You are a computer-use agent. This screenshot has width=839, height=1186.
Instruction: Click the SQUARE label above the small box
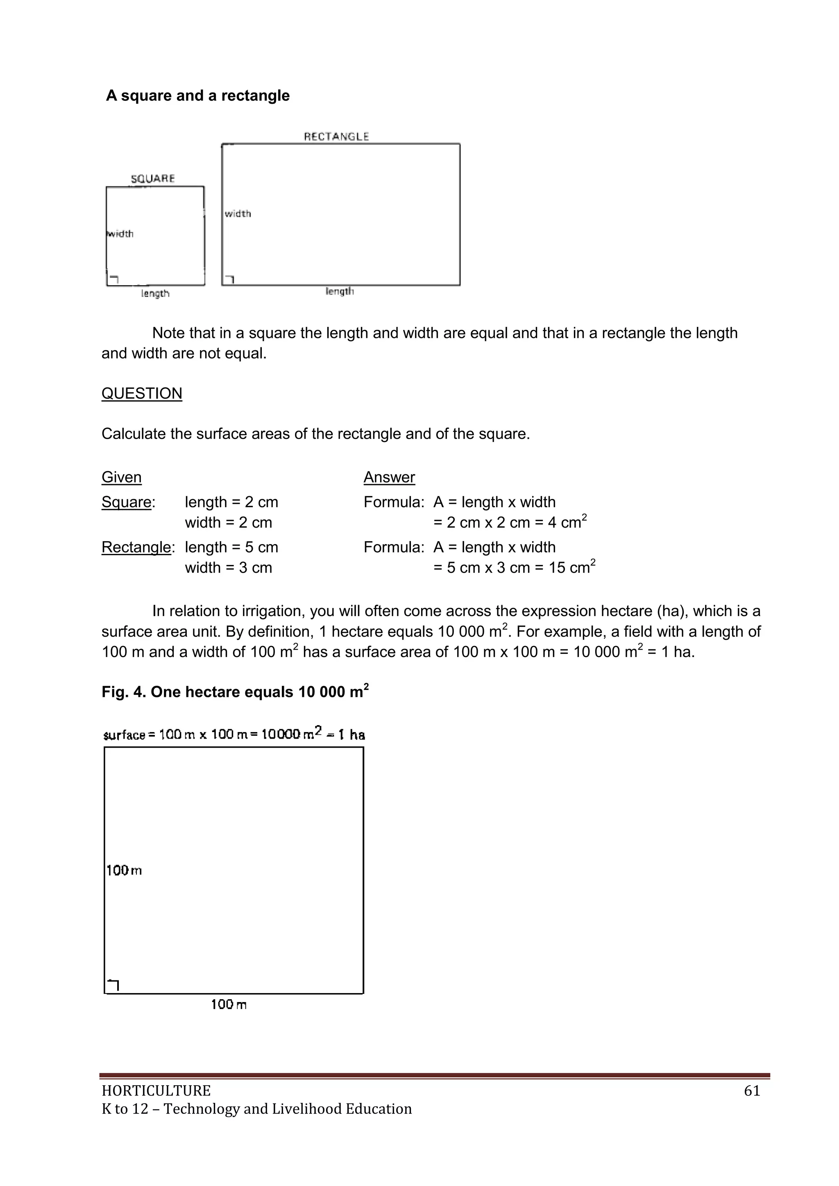coord(152,179)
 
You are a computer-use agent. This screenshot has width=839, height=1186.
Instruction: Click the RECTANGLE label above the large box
coord(336,136)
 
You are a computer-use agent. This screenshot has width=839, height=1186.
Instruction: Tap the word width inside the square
coord(120,234)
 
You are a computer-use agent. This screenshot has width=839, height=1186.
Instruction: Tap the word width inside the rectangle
coord(238,214)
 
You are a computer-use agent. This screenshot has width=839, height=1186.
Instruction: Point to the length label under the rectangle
coord(340,291)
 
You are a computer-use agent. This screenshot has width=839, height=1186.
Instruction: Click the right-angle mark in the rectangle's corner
coord(229,279)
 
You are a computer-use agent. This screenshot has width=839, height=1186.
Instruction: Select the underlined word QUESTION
coord(142,394)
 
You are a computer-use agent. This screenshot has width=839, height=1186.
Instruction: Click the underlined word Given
coord(121,477)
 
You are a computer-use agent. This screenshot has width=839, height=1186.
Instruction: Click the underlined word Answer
coord(389,477)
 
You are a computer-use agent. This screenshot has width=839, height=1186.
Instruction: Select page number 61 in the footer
coord(752,1091)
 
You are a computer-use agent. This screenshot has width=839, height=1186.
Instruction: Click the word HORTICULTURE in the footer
coord(156,1091)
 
